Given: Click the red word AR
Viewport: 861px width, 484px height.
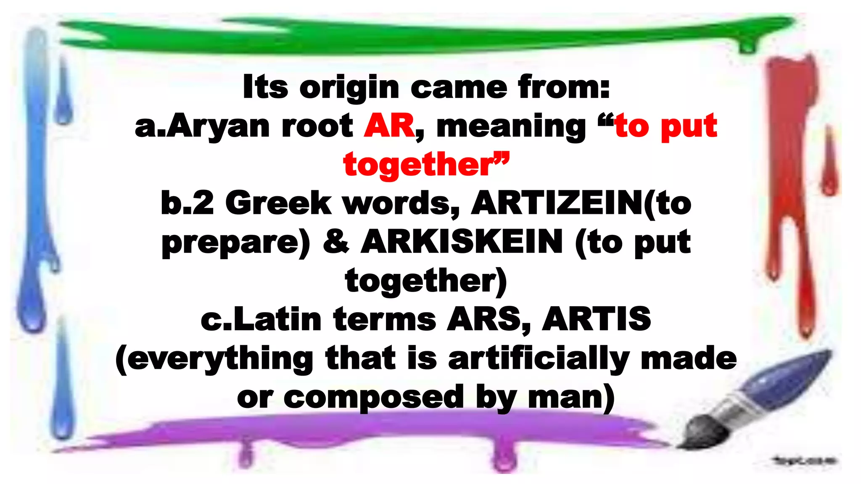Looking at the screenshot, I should click(x=389, y=126).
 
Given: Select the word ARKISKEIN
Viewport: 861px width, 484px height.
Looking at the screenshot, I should click(x=461, y=242).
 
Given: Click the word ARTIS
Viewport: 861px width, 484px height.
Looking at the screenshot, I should click(x=596, y=319).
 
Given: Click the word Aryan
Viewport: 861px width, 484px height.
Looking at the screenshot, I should click(x=218, y=126).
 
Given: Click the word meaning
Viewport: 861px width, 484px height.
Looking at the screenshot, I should click(x=511, y=126).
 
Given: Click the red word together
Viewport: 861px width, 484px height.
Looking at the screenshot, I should click(x=418, y=165).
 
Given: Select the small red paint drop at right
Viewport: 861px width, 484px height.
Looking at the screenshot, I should click(x=829, y=164).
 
